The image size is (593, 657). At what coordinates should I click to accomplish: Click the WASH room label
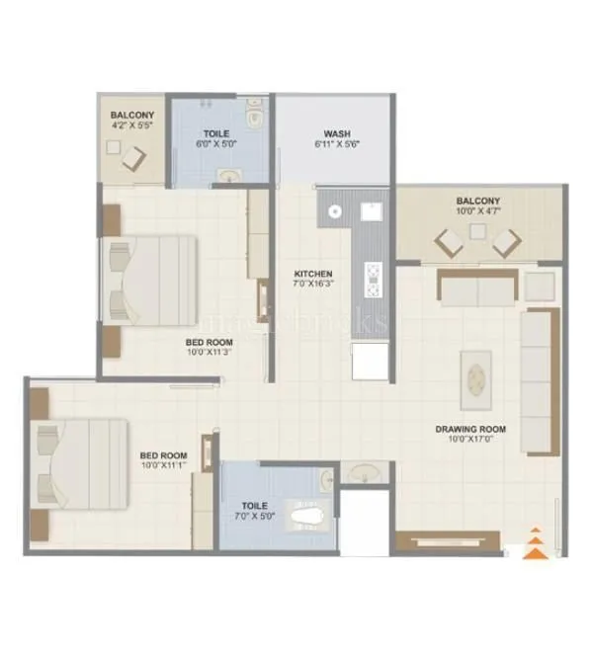click(x=333, y=134)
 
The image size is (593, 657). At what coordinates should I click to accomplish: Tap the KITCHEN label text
click(x=313, y=273)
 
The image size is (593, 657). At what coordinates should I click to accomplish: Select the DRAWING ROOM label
click(x=470, y=429)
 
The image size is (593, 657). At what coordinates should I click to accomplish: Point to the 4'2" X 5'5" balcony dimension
click(x=132, y=126)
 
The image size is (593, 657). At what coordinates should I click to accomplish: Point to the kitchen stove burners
click(x=374, y=280)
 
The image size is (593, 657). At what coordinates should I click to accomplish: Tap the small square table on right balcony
click(x=478, y=231)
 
